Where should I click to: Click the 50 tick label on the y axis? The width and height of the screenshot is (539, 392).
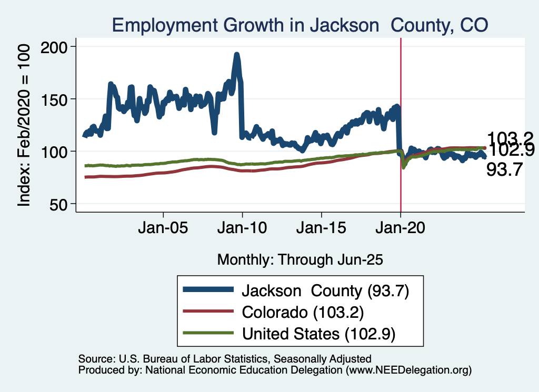point(63,204)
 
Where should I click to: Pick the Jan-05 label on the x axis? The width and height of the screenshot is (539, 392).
point(163,229)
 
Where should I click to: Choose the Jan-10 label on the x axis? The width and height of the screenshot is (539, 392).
point(242,229)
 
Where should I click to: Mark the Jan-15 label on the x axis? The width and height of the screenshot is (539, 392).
point(321,229)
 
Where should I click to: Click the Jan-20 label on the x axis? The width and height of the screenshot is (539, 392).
point(401,229)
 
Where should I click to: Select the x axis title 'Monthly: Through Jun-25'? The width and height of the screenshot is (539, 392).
point(300,259)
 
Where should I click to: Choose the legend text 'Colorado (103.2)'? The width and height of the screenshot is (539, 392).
point(303,311)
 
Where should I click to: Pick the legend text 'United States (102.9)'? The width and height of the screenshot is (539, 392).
point(318,334)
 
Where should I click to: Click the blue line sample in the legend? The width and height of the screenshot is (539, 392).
point(207,289)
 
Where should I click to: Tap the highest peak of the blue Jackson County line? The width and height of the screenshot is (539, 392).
point(237,54)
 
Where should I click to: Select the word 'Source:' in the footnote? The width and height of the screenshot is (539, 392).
point(95,359)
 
